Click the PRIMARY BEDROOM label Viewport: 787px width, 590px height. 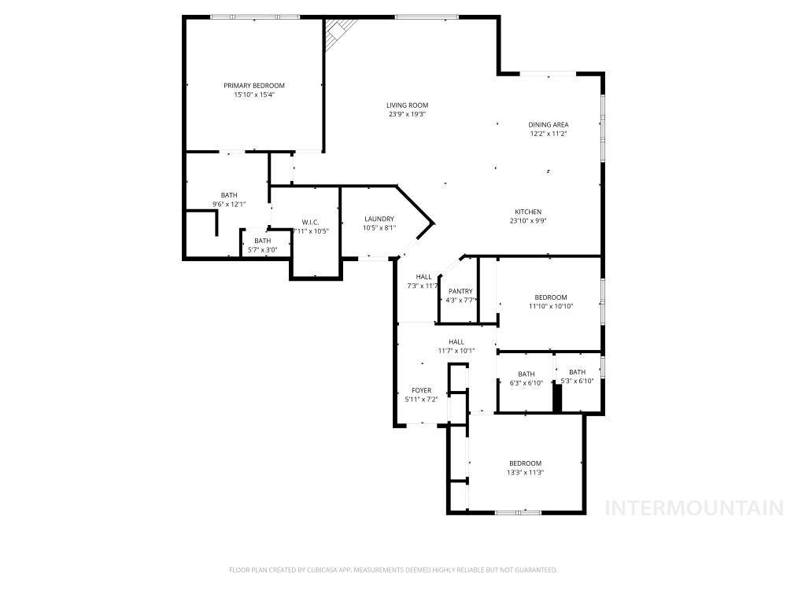(x=253, y=86)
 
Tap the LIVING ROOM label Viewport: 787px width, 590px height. (x=407, y=105)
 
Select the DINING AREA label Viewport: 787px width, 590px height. (x=548, y=124)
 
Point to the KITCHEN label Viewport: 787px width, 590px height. (x=528, y=212)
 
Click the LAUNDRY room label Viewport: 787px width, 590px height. (x=379, y=219)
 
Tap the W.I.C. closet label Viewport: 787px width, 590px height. (x=309, y=222)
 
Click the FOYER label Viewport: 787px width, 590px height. (x=421, y=390)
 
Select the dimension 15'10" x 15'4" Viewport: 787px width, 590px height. (x=253, y=95)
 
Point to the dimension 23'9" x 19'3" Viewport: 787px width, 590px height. (x=407, y=115)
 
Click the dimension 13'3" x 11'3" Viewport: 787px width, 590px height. (x=525, y=473)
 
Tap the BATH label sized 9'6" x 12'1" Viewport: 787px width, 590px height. (x=229, y=195)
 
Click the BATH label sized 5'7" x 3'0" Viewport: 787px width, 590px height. (x=262, y=241)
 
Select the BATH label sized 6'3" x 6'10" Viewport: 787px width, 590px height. (x=526, y=374)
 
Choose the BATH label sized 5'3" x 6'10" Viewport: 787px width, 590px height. (x=577, y=372)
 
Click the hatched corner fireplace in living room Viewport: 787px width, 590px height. (x=338, y=32)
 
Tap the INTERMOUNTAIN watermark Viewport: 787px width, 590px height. (x=693, y=507)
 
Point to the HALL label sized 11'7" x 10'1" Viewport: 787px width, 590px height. (x=456, y=341)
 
